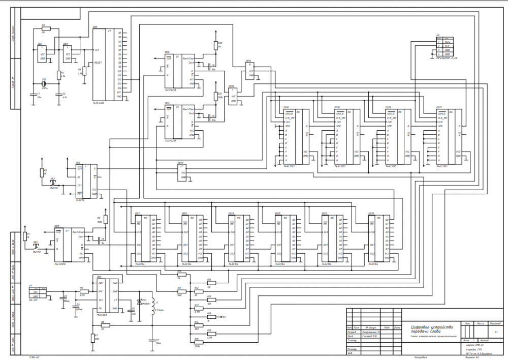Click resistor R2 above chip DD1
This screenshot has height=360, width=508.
point(45,28)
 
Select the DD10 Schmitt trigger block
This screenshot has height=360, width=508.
point(181,172)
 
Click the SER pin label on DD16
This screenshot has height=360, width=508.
point(288,126)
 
